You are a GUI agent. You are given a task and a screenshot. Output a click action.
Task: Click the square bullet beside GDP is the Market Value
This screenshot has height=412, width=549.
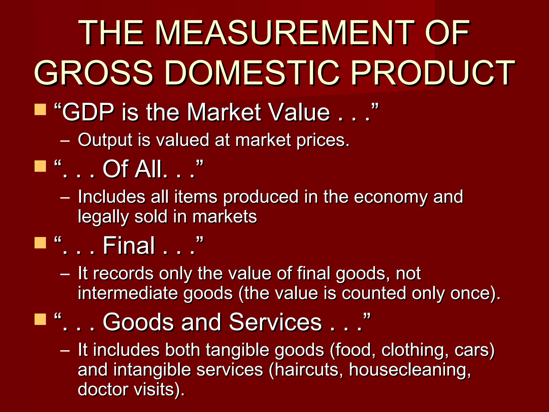tap(40, 109)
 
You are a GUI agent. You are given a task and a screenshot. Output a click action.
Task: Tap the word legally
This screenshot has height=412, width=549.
tap(103, 217)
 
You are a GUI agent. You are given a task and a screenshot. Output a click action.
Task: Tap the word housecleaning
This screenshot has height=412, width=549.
tap(409, 370)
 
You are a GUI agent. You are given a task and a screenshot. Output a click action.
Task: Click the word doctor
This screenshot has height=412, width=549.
tap(103, 389)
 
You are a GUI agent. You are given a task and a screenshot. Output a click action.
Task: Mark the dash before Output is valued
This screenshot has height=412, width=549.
tap(65, 140)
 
